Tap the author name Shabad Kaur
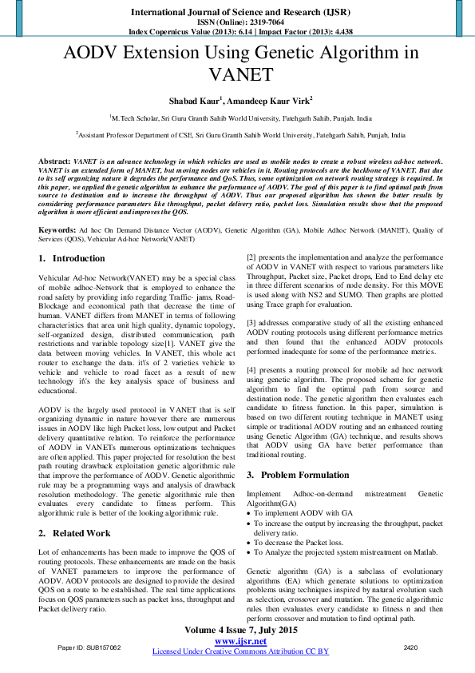(x=195, y=101)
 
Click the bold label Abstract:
(x=54, y=161)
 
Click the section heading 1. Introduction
(x=72, y=259)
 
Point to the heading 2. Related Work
(x=76, y=532)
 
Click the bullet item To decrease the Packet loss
(x=296, y=542)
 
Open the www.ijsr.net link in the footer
(x=240, y=641)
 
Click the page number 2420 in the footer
(x=410, y=646)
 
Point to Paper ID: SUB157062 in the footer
(x=89, y=646)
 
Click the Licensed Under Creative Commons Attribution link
(x=240, y=651)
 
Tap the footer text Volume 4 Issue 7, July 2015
(x=240, y=630)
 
